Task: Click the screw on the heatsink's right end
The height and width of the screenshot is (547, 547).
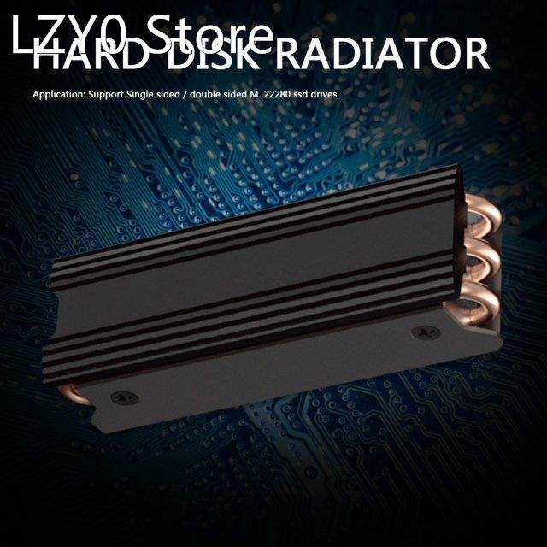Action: click(420, 331)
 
